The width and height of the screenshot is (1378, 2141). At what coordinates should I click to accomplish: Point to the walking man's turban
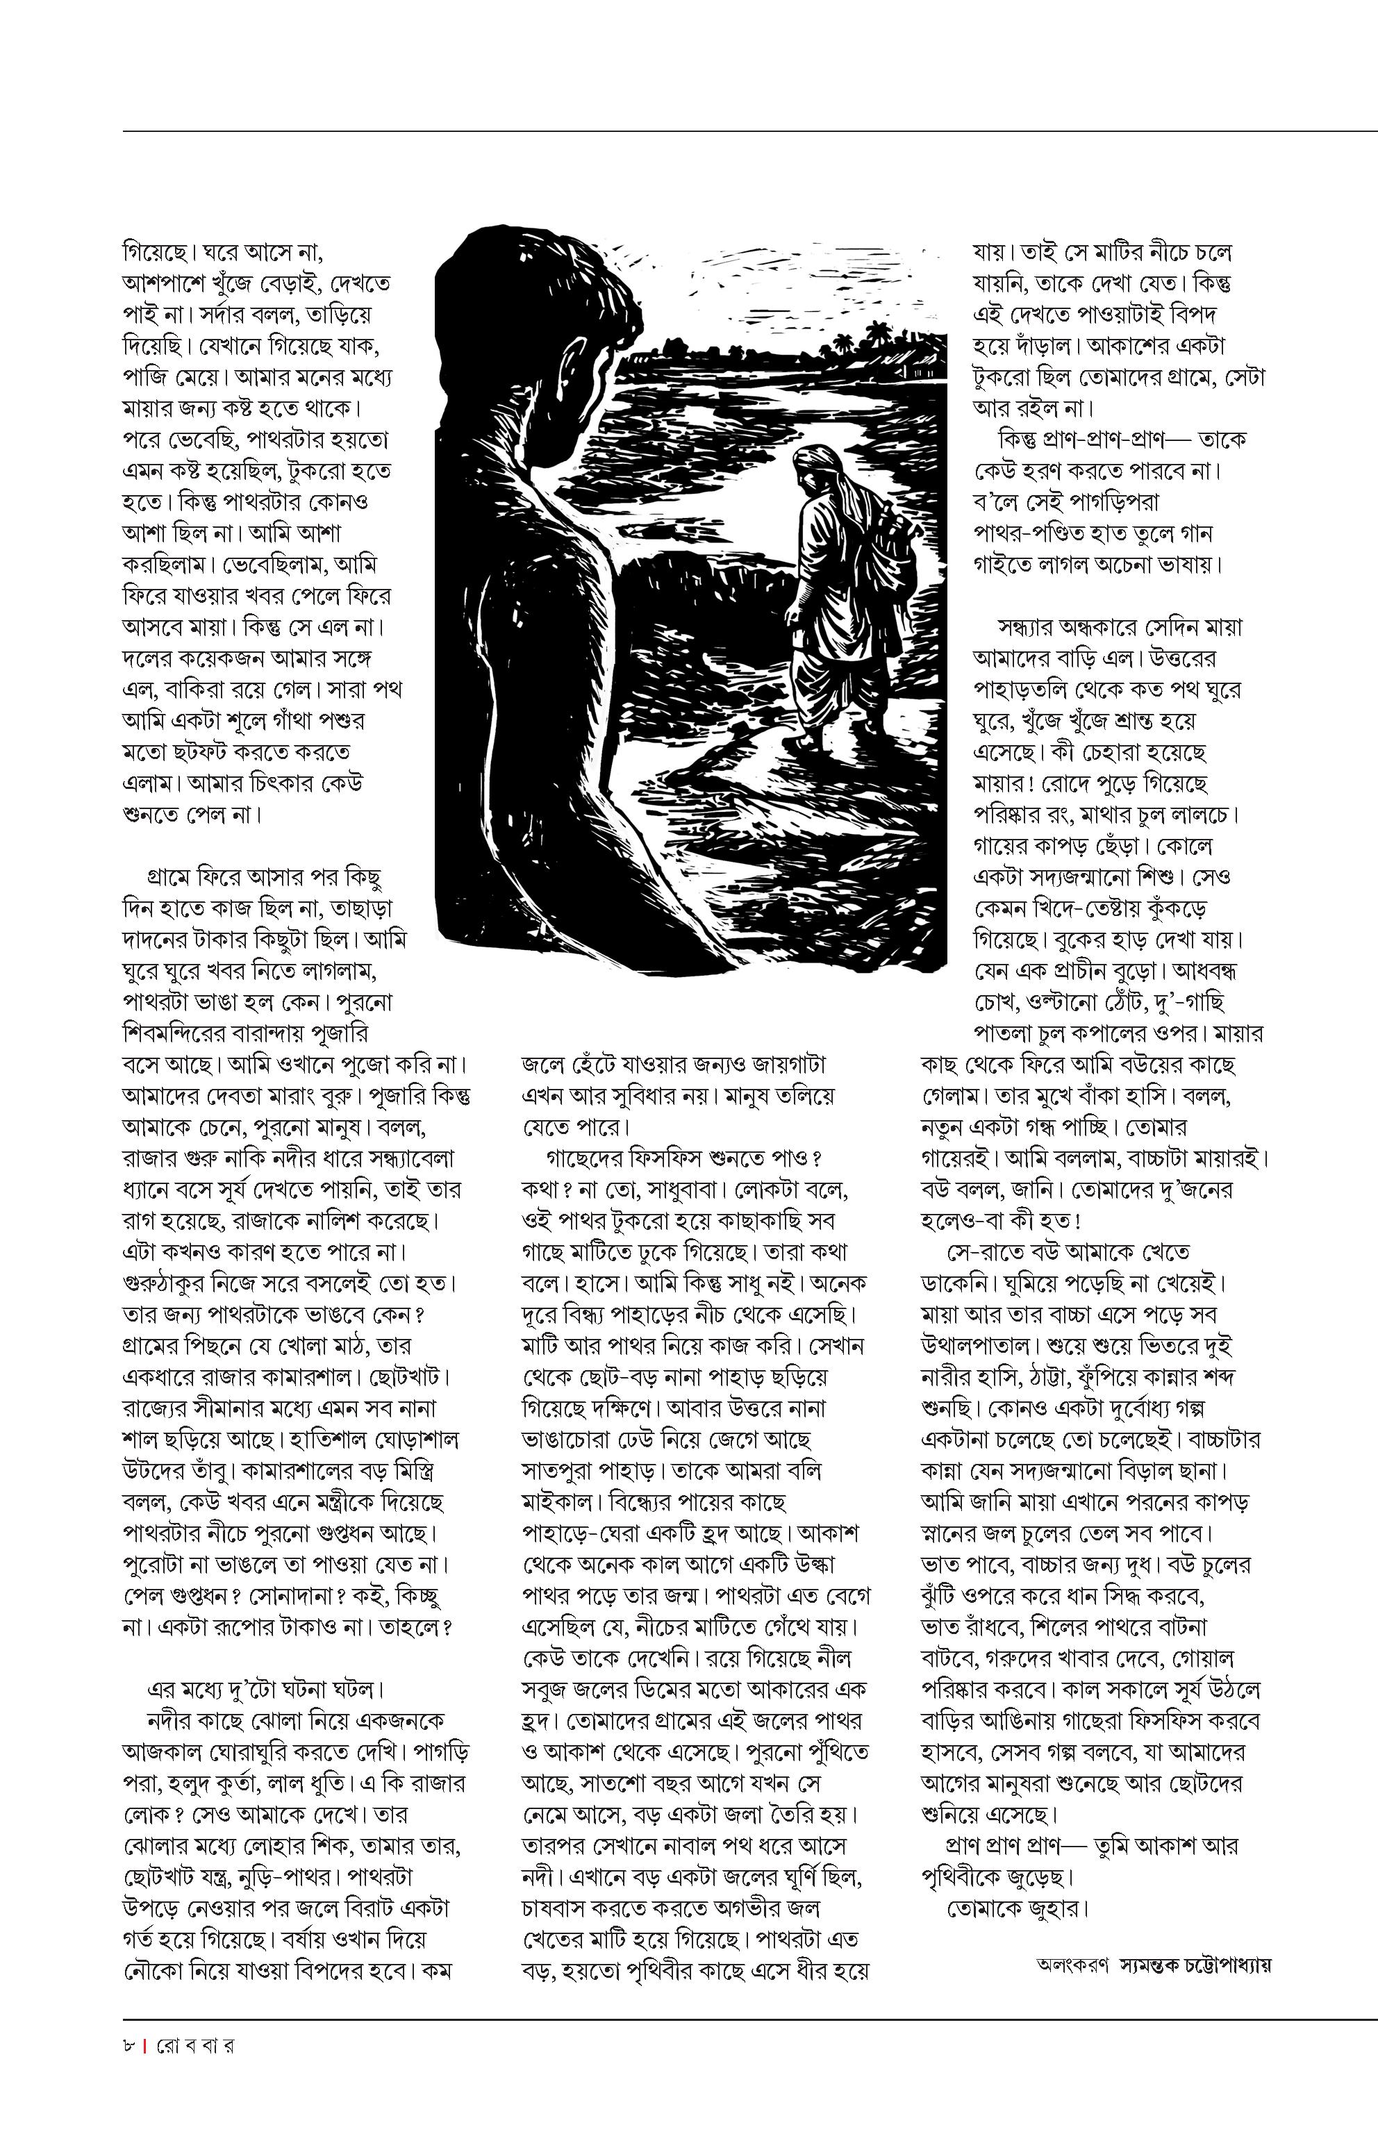tap(816, 459)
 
